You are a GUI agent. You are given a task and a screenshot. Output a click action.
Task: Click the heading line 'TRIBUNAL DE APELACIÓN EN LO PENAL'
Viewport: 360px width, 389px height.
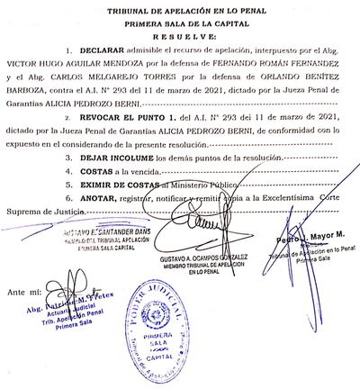click(x=179, y=8)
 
